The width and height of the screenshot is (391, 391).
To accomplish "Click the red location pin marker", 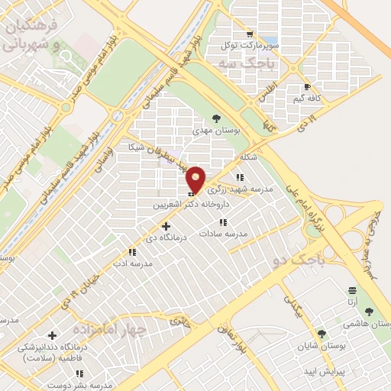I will [x=196, y=179].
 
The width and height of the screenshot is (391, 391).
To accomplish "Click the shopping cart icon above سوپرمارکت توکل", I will [x=249, y=34].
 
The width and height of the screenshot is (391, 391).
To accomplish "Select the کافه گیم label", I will [x=308, y=99].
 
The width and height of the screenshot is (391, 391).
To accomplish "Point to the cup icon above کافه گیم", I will [x=307, y=87].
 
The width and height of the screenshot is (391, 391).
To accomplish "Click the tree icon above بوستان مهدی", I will [x=216, y=118].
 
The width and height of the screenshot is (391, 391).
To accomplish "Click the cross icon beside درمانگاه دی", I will [x=166, y=226].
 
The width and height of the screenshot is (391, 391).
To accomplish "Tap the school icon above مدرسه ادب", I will [x=132, y=251].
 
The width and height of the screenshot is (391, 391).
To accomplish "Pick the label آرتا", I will [x=352, y=302].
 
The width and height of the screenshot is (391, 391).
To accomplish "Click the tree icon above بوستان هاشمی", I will [x=370, y=312].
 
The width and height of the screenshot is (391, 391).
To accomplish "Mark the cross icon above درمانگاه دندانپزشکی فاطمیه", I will [x=52, y=335].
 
